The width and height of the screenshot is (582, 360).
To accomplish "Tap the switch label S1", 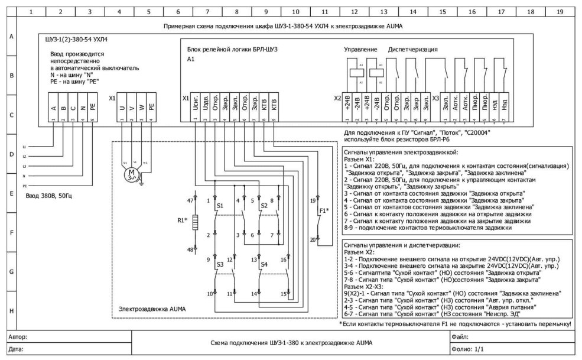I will [220, 205].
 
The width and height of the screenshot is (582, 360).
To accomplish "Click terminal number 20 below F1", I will [313, 239].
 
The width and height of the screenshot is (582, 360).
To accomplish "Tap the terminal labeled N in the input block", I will [82, 108].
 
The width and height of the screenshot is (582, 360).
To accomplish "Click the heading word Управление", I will [360, 48].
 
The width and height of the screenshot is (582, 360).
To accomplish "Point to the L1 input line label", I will [25, 146].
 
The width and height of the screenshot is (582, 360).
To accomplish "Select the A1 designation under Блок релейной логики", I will [190, 60].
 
